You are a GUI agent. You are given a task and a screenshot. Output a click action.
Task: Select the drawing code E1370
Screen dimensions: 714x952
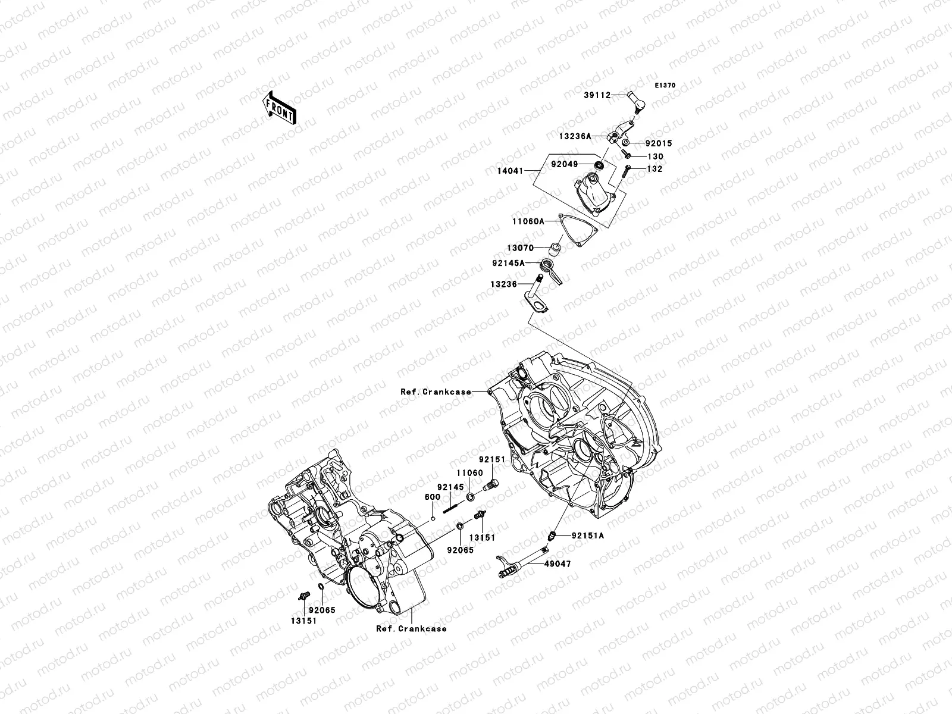tap(665, 86)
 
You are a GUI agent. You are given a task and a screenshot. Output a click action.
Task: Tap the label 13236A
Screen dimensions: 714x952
tap(574, 136)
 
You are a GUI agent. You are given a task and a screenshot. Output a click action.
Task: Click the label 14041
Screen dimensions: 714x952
tap(510, 171)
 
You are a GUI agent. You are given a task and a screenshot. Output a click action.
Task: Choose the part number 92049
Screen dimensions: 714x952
tap(564, 163)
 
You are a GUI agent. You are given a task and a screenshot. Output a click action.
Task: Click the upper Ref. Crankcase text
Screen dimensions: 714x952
tap(435, 392)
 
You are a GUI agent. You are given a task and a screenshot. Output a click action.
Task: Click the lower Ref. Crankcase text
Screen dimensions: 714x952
tap(411, 628)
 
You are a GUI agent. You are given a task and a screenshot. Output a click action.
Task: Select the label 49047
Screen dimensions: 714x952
tap(557, 563)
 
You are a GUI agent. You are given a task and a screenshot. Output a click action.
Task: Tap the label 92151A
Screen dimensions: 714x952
tap(587, 535)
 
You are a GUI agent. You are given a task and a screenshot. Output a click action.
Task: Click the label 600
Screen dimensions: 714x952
tap(432, 497)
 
